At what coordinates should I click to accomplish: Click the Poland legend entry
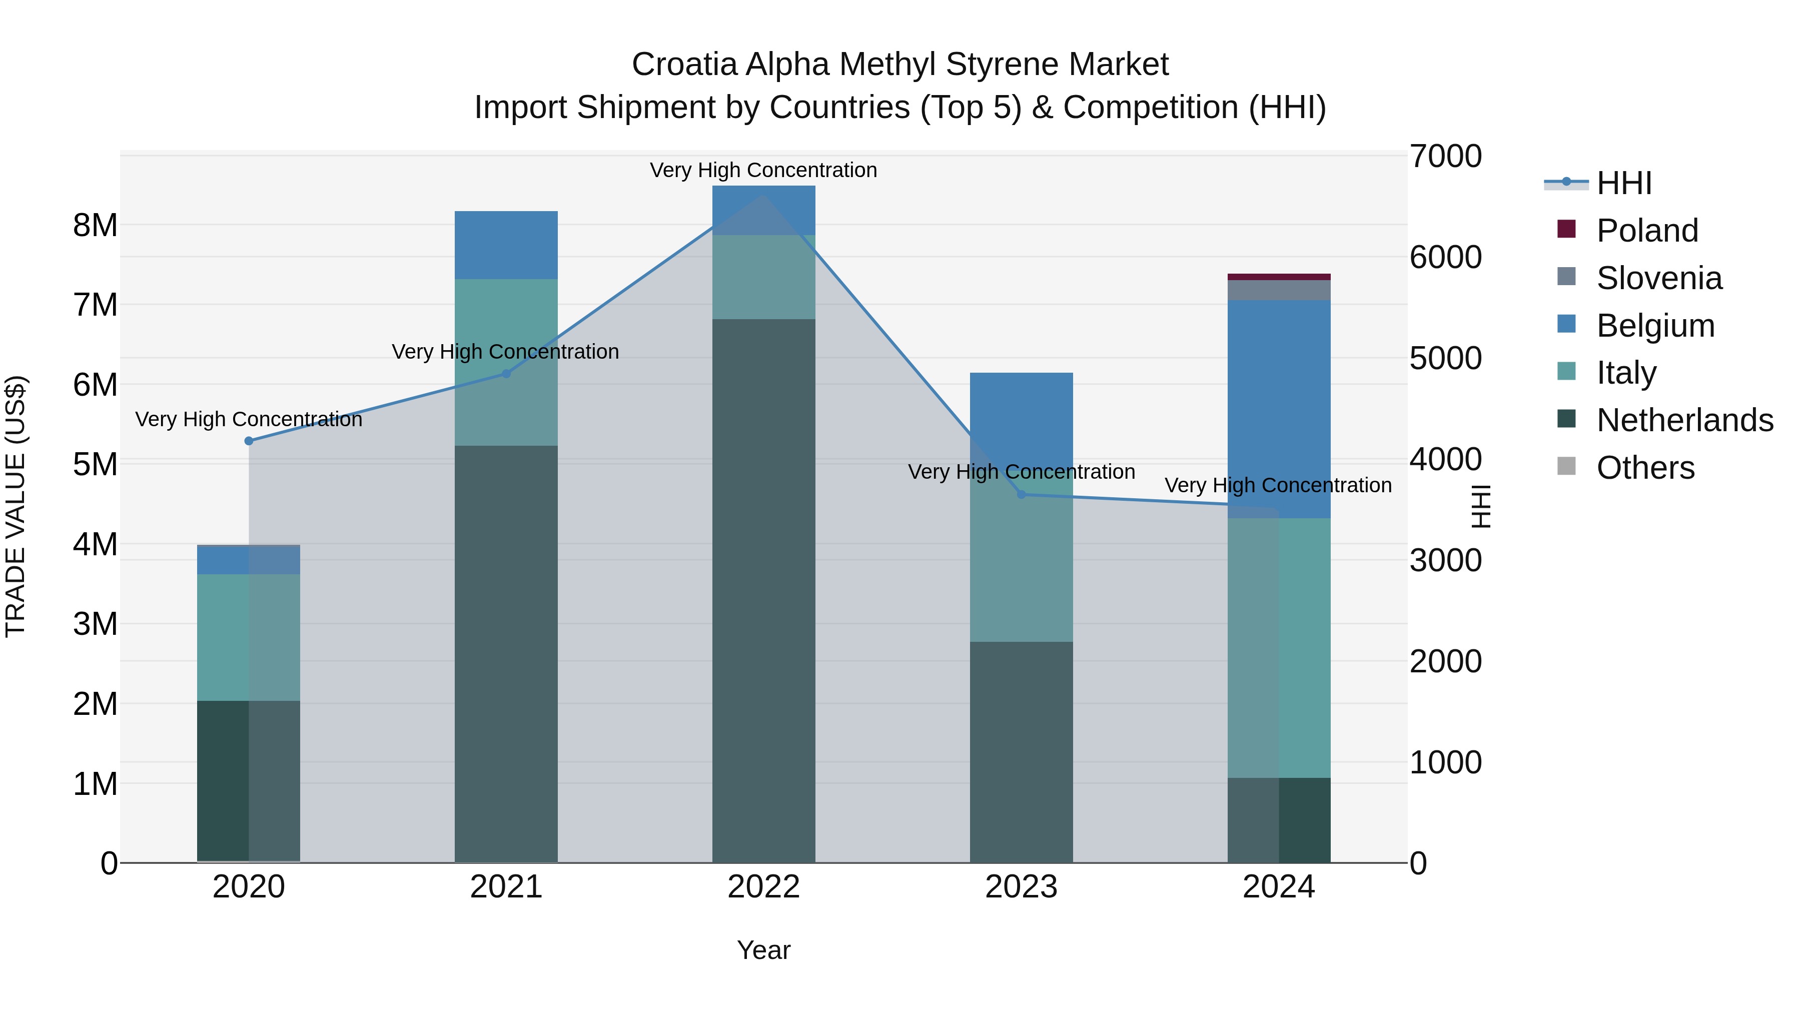pyautogui.click(x=1646, y=231)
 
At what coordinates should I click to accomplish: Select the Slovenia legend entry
pyautogui.click(x=1658, y=278)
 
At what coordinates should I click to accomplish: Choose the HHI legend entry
pyautogui.click(x=1623, y=183)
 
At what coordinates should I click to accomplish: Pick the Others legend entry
pyautogui.click(x=1645, y=468)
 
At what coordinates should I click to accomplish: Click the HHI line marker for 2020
pyautogui.click(x=249, y=441)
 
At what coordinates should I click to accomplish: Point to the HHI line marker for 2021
pyautogui.click(x=506, y=374)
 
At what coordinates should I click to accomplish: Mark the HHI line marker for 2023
pyautogui.click(x=1022, y=494)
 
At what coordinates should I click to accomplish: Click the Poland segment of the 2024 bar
pyautogui.click(x=1279, y=277)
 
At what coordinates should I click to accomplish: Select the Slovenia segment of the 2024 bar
pyautogui.click(x=1279, y=290)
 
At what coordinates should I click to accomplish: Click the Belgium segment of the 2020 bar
pyautogui.click(x=249, y=559)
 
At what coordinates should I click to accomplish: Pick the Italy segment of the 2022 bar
pyautogui.click(x=763, y=278)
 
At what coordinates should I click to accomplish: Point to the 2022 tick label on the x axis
pyautogui.click(x=763, y=887)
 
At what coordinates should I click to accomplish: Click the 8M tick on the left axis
pyautogui.click(x=95, y=226)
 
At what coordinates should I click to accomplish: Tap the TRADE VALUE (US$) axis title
pyautogui.click(x=16, y=506)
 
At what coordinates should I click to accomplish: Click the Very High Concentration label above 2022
pyautogui.click(x=763, y=171)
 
